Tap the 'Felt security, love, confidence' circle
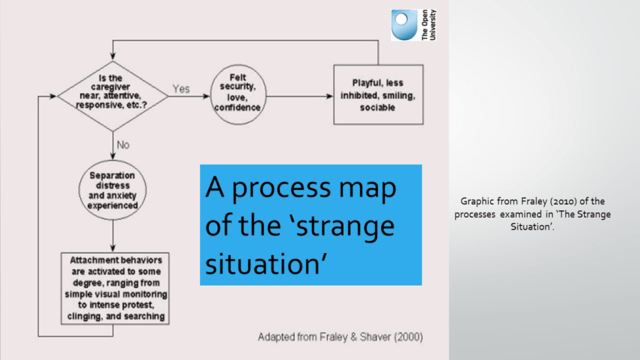tap(238, 95)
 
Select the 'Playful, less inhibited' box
tap(378, 95)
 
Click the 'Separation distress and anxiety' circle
tap(113, 190)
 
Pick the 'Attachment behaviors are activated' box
tap(116, 289)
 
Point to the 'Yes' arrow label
tap(181, 89)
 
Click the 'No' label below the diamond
tap(123, 145)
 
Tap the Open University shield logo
tap(403, 25)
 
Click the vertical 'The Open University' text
tap(429, 25)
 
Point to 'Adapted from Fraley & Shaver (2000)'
tap(340, 337)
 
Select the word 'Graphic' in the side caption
tap(477, 201)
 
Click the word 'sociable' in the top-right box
tap(378, 108)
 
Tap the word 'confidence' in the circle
tap(238, 108)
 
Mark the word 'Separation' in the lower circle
tap(112, 176)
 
